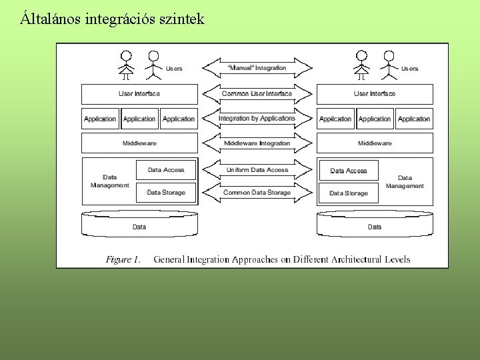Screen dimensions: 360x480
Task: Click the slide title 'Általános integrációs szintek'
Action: click(111, 19)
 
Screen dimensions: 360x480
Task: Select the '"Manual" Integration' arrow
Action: click(257, 67)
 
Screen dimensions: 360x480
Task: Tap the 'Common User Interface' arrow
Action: click(257, 93)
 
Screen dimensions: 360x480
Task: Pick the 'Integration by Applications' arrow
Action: click(257, 119)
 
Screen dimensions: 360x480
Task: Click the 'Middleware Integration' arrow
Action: click(257, 143)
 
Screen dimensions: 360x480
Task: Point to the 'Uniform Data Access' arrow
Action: click(257, 170)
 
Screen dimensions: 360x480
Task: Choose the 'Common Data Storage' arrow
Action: click(257, 193)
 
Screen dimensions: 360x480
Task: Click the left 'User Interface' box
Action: click(139, 94)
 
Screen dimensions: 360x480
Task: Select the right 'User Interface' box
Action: click(375, 94)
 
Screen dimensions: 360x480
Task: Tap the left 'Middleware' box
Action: click(139, 143)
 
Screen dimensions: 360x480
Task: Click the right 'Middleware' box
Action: click(375, 143)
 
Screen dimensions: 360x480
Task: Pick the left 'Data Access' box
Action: click(166, 170)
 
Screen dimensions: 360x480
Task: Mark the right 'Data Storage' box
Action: click(349, 193)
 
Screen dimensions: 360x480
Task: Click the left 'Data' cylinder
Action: click(139, 225)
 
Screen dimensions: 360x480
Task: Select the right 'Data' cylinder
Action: click(375, 225)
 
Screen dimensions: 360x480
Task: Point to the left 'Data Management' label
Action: click(110, 181)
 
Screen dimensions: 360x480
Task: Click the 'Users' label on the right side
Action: click(409, 69)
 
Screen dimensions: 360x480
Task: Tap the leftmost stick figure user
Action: click(125, 64)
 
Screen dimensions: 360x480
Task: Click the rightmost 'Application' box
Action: click(414, 119)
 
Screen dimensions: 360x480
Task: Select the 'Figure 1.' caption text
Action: click(123, 259)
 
